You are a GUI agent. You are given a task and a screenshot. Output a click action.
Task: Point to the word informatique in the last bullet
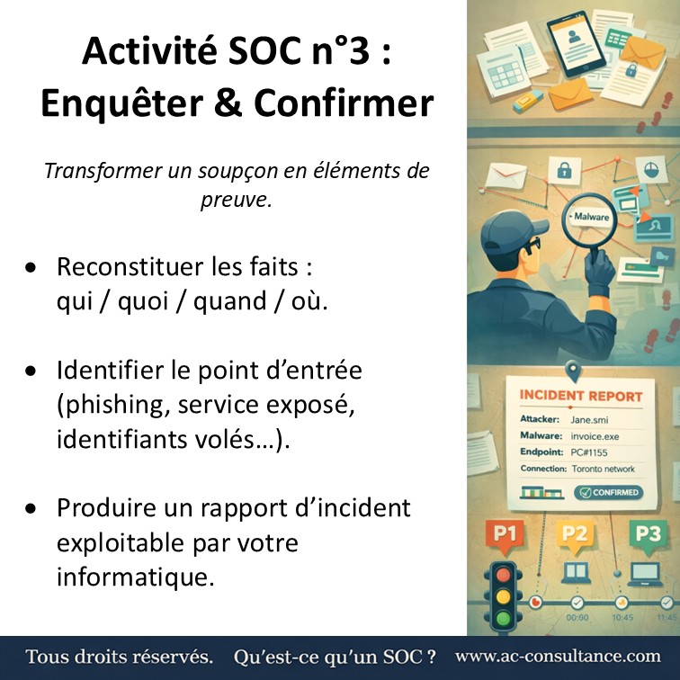(x=136, y=576)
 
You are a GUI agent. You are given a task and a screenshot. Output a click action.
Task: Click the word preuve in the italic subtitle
(x=236, y=200)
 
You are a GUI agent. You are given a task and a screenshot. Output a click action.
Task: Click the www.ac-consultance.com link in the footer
(x=557, y=657)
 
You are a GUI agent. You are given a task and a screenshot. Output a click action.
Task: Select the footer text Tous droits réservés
(x=119, y=657)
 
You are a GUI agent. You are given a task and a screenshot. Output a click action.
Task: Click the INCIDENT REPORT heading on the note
(x=581, y=395)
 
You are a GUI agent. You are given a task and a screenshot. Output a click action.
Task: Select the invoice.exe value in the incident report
(x=595, y=435)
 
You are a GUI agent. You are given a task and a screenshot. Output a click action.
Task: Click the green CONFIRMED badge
(x=608, y=492)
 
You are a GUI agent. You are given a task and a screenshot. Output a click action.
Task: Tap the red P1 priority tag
(x=506, y=534)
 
